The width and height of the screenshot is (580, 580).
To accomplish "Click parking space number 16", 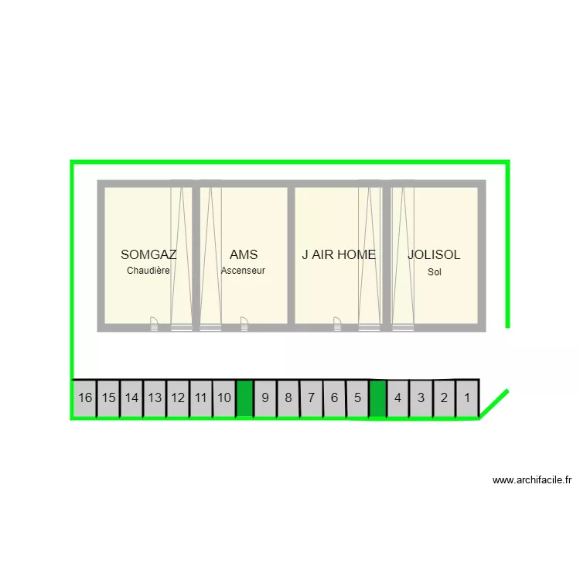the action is [x=85, y=398].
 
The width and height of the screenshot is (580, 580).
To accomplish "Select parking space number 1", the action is [x=467, y=398].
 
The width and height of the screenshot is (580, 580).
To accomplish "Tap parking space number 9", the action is [x=265, y=398].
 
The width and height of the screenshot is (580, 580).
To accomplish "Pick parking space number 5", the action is [x=357, y=398].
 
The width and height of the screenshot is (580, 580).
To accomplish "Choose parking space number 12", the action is [x=178, y=398].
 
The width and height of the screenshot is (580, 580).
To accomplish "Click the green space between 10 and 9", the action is [x=244, y=398].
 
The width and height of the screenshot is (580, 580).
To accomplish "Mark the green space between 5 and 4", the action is [x=377, y=398].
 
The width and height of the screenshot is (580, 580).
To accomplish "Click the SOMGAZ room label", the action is [x=148, y=254].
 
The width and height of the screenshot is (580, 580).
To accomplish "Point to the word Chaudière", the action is [x=148, y=271].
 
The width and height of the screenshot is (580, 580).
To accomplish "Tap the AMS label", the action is [x=244, y=254].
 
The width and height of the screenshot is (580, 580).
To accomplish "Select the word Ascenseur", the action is [x=243, y=271].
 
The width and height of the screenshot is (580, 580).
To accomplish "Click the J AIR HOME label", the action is [x=339, y=254].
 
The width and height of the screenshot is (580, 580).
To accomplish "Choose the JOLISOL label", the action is [x=434, y=254].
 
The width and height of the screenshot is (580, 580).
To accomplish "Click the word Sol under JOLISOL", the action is [x=435, y=272].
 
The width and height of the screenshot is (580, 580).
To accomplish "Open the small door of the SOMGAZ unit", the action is [x=154, y=324].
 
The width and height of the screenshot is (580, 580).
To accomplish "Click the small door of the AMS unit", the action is [x=244, y=324].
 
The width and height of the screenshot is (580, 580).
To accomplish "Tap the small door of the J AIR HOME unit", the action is [x=337, y=324].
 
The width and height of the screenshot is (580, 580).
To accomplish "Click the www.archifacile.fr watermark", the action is [x=532, y=480].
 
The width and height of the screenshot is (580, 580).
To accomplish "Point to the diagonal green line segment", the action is [x=494, y=404].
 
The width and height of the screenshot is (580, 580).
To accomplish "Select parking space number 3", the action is [x=421, y=398].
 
